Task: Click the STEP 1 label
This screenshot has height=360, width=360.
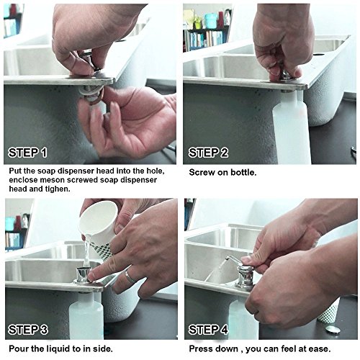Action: [27, 153]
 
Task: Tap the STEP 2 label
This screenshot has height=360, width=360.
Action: [208, 153]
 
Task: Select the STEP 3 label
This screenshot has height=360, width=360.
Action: [28, 330]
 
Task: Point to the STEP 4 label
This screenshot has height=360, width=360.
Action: [208, 330]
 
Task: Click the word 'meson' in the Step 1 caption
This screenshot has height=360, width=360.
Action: [52, 180]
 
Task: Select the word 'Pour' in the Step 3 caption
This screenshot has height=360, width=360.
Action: [17, 348]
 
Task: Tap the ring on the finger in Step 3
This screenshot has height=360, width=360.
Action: [130, 276]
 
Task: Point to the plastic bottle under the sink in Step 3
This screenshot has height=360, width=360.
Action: [86, 317]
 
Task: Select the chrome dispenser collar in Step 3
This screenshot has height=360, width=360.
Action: [84, 275]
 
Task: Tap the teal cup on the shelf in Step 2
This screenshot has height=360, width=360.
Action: [212, 21]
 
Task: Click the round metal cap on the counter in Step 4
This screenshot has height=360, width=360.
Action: [333, 329]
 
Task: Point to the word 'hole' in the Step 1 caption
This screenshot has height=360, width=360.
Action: [156, 171]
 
